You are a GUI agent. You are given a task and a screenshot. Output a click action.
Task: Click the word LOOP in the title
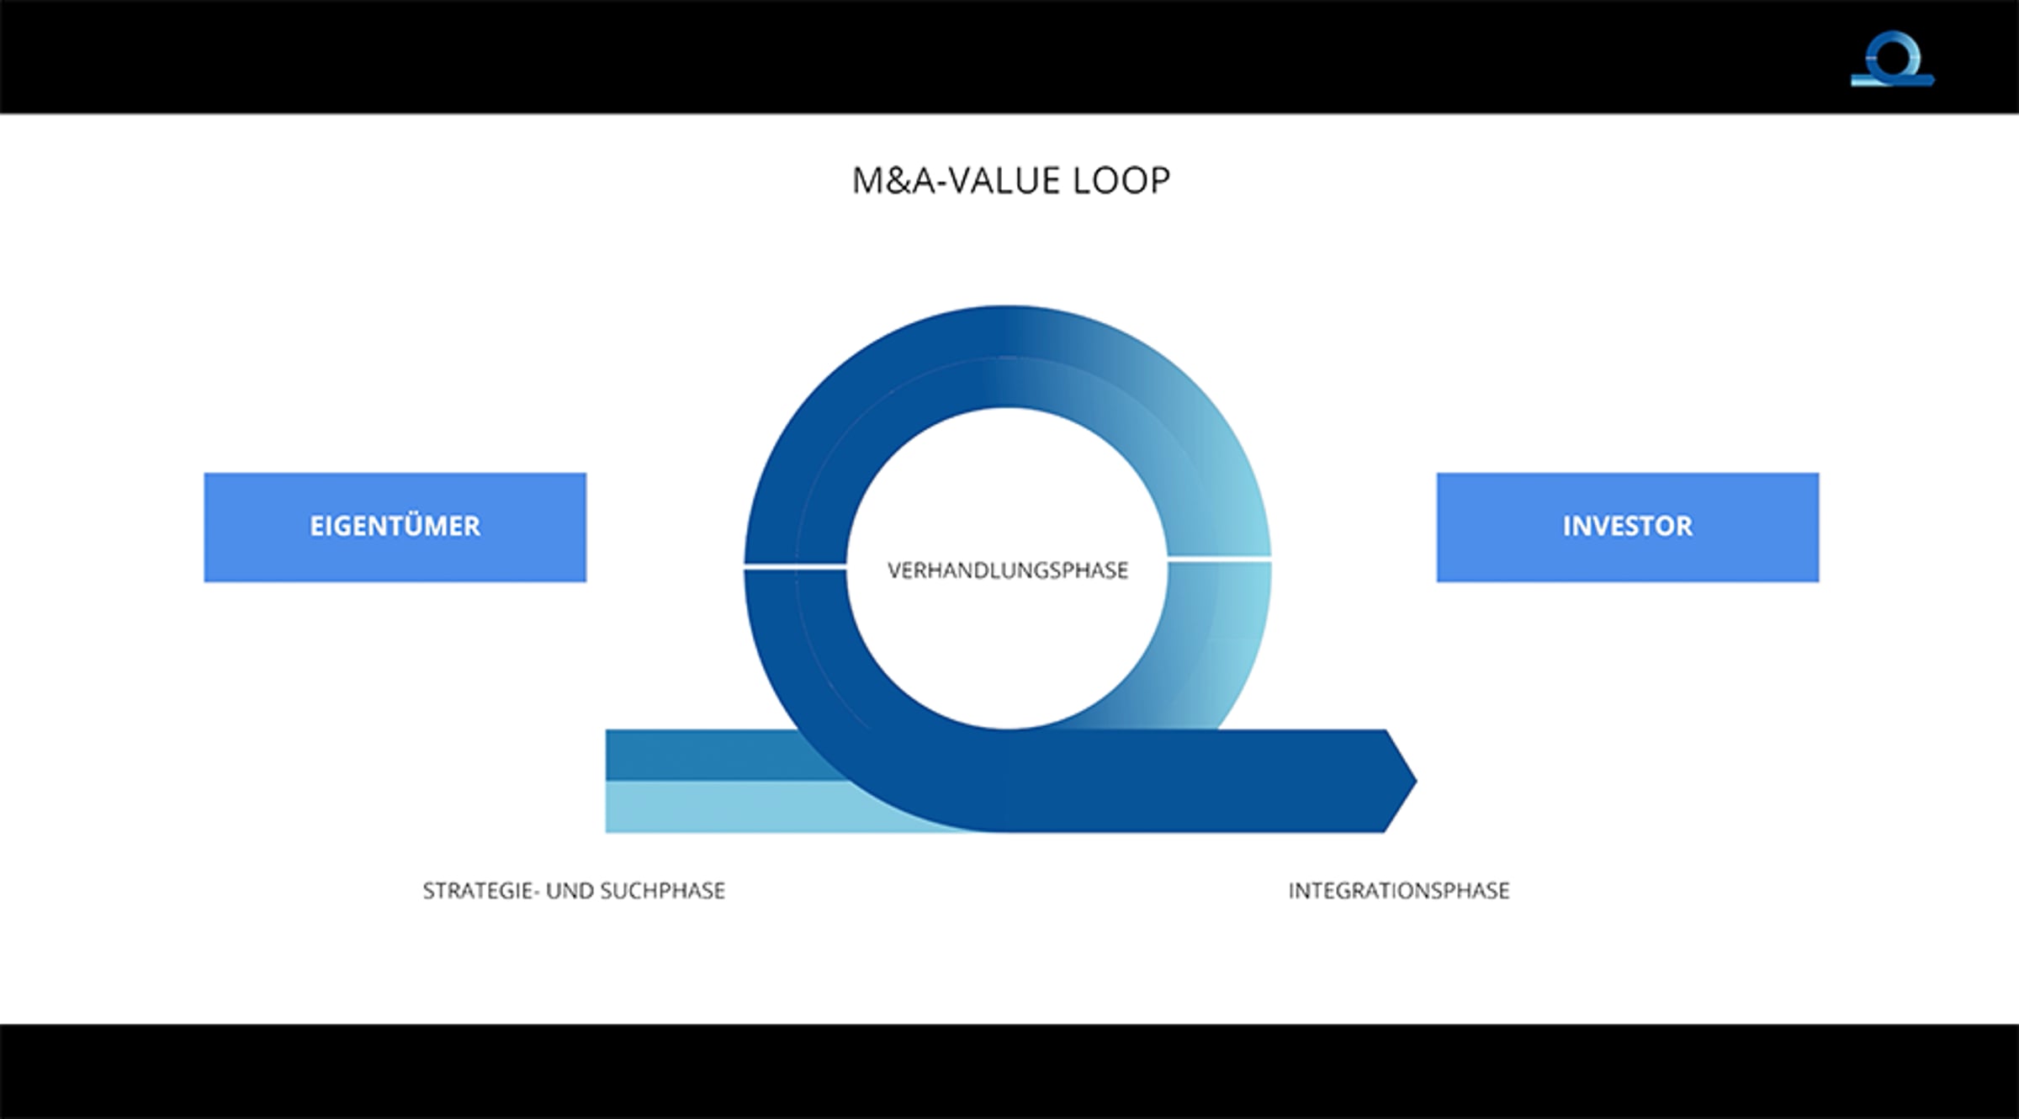point(1121,181)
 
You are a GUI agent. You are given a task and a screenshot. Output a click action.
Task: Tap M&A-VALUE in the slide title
point(957,181)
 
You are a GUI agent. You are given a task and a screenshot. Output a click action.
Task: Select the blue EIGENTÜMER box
point(395,527)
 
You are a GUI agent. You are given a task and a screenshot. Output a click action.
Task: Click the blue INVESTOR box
point(1627,527)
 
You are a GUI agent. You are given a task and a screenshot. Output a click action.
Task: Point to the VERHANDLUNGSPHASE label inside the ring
point(1007,570)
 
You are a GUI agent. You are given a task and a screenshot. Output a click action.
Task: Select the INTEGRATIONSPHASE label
point(1399,890)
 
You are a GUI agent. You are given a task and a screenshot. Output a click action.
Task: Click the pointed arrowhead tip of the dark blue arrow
point(1417,782)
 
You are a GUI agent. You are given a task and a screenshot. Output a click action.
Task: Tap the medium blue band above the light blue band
point(715,755)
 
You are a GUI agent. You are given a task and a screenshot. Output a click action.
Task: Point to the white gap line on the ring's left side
point(795,568)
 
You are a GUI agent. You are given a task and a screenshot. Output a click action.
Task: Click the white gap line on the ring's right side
point(1219,558)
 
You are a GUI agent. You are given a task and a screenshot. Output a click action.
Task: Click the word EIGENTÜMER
point(395,527)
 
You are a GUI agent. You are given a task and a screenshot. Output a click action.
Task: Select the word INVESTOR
point(1627,527)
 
